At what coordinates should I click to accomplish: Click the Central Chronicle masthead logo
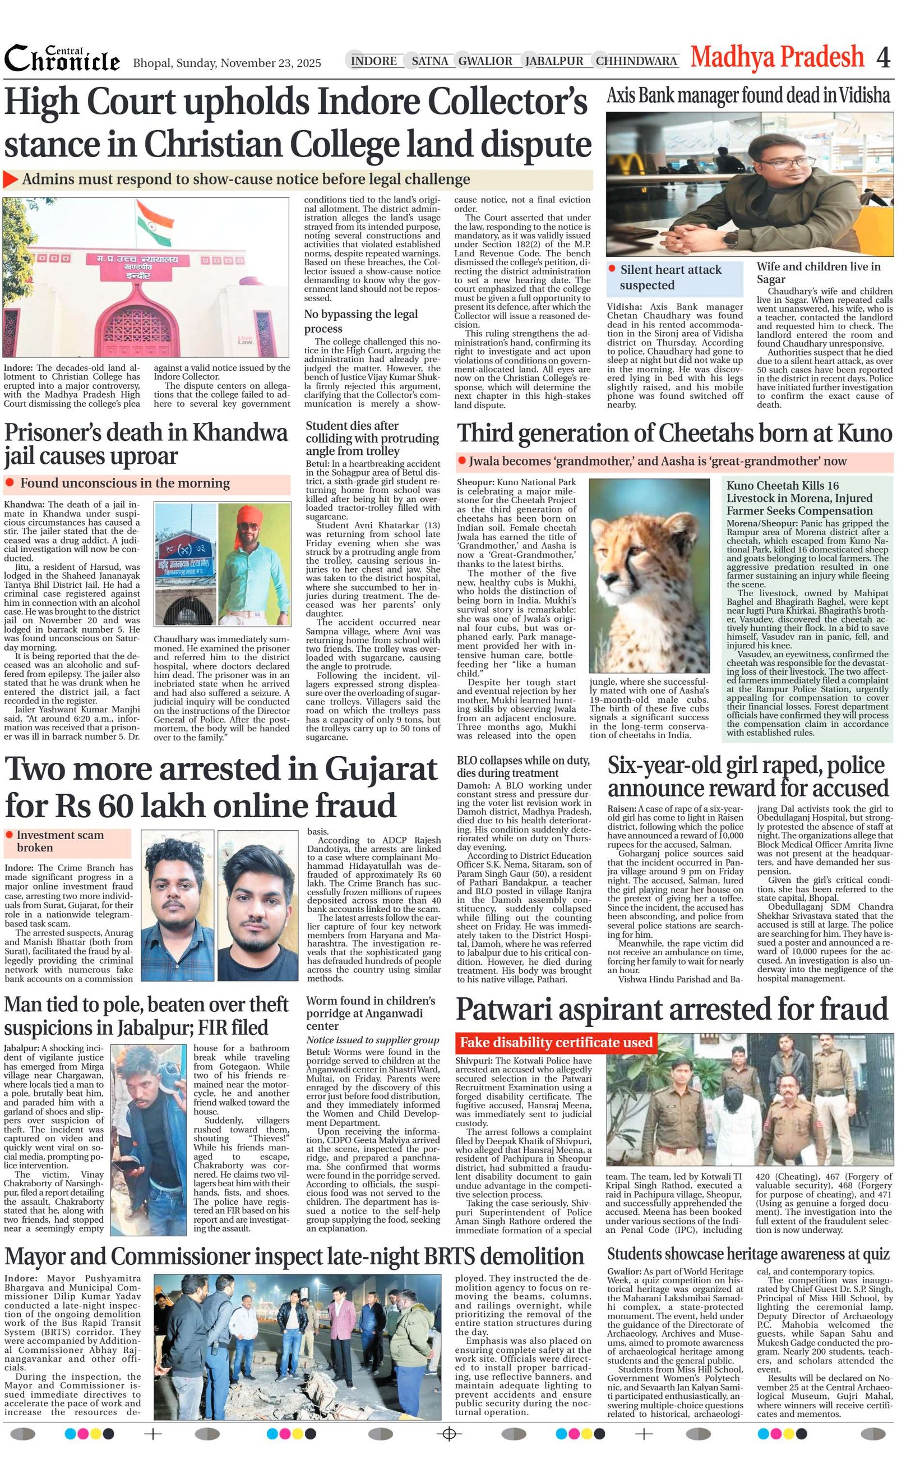[62, 59]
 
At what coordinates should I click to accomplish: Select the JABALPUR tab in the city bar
[553, 61]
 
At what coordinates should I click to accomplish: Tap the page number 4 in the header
[882, 58]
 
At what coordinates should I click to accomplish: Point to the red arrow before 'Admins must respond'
[11, 179]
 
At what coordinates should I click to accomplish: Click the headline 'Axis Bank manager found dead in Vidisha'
[748, 95]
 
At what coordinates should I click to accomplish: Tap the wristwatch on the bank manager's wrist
[730, 239]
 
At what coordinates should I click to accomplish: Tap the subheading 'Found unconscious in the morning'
[124, 483]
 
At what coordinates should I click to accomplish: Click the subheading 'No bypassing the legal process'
[360, 321]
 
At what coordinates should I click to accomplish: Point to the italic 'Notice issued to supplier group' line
[372, 1040]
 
